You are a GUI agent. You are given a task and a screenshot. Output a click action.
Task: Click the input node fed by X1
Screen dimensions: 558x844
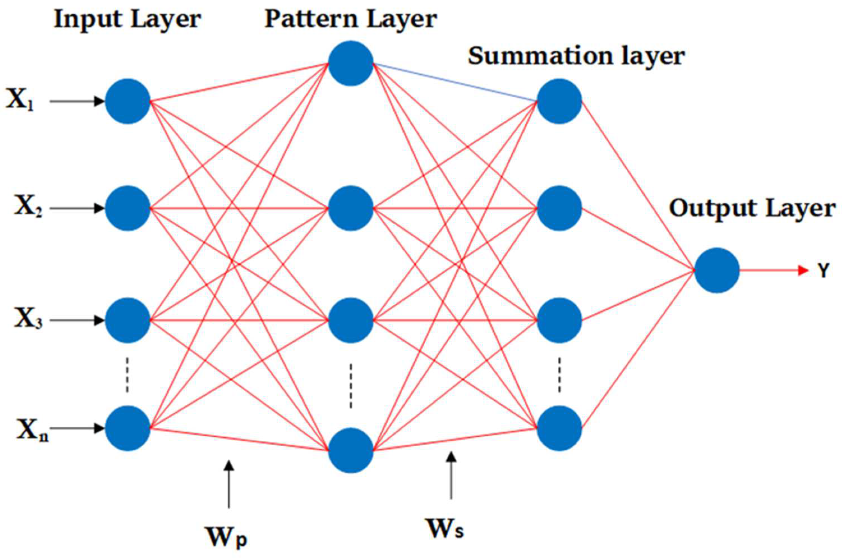[128, 102]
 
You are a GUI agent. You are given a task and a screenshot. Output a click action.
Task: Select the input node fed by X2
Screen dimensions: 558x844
[128, 208]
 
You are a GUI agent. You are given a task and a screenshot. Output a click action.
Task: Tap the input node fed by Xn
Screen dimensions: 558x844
[128, 428]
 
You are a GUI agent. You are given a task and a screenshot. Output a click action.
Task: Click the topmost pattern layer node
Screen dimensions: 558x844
[351, 63]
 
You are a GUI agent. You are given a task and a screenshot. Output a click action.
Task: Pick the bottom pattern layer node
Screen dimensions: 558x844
[351, 450]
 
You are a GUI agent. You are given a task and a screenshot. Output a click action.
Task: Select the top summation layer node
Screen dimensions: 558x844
[559, 102]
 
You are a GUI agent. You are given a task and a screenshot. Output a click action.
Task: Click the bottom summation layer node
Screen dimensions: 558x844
[559, 428]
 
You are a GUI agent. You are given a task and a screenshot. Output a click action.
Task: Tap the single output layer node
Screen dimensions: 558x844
[717, 270]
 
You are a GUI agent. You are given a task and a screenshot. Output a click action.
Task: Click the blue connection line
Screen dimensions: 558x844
[455, 82]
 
